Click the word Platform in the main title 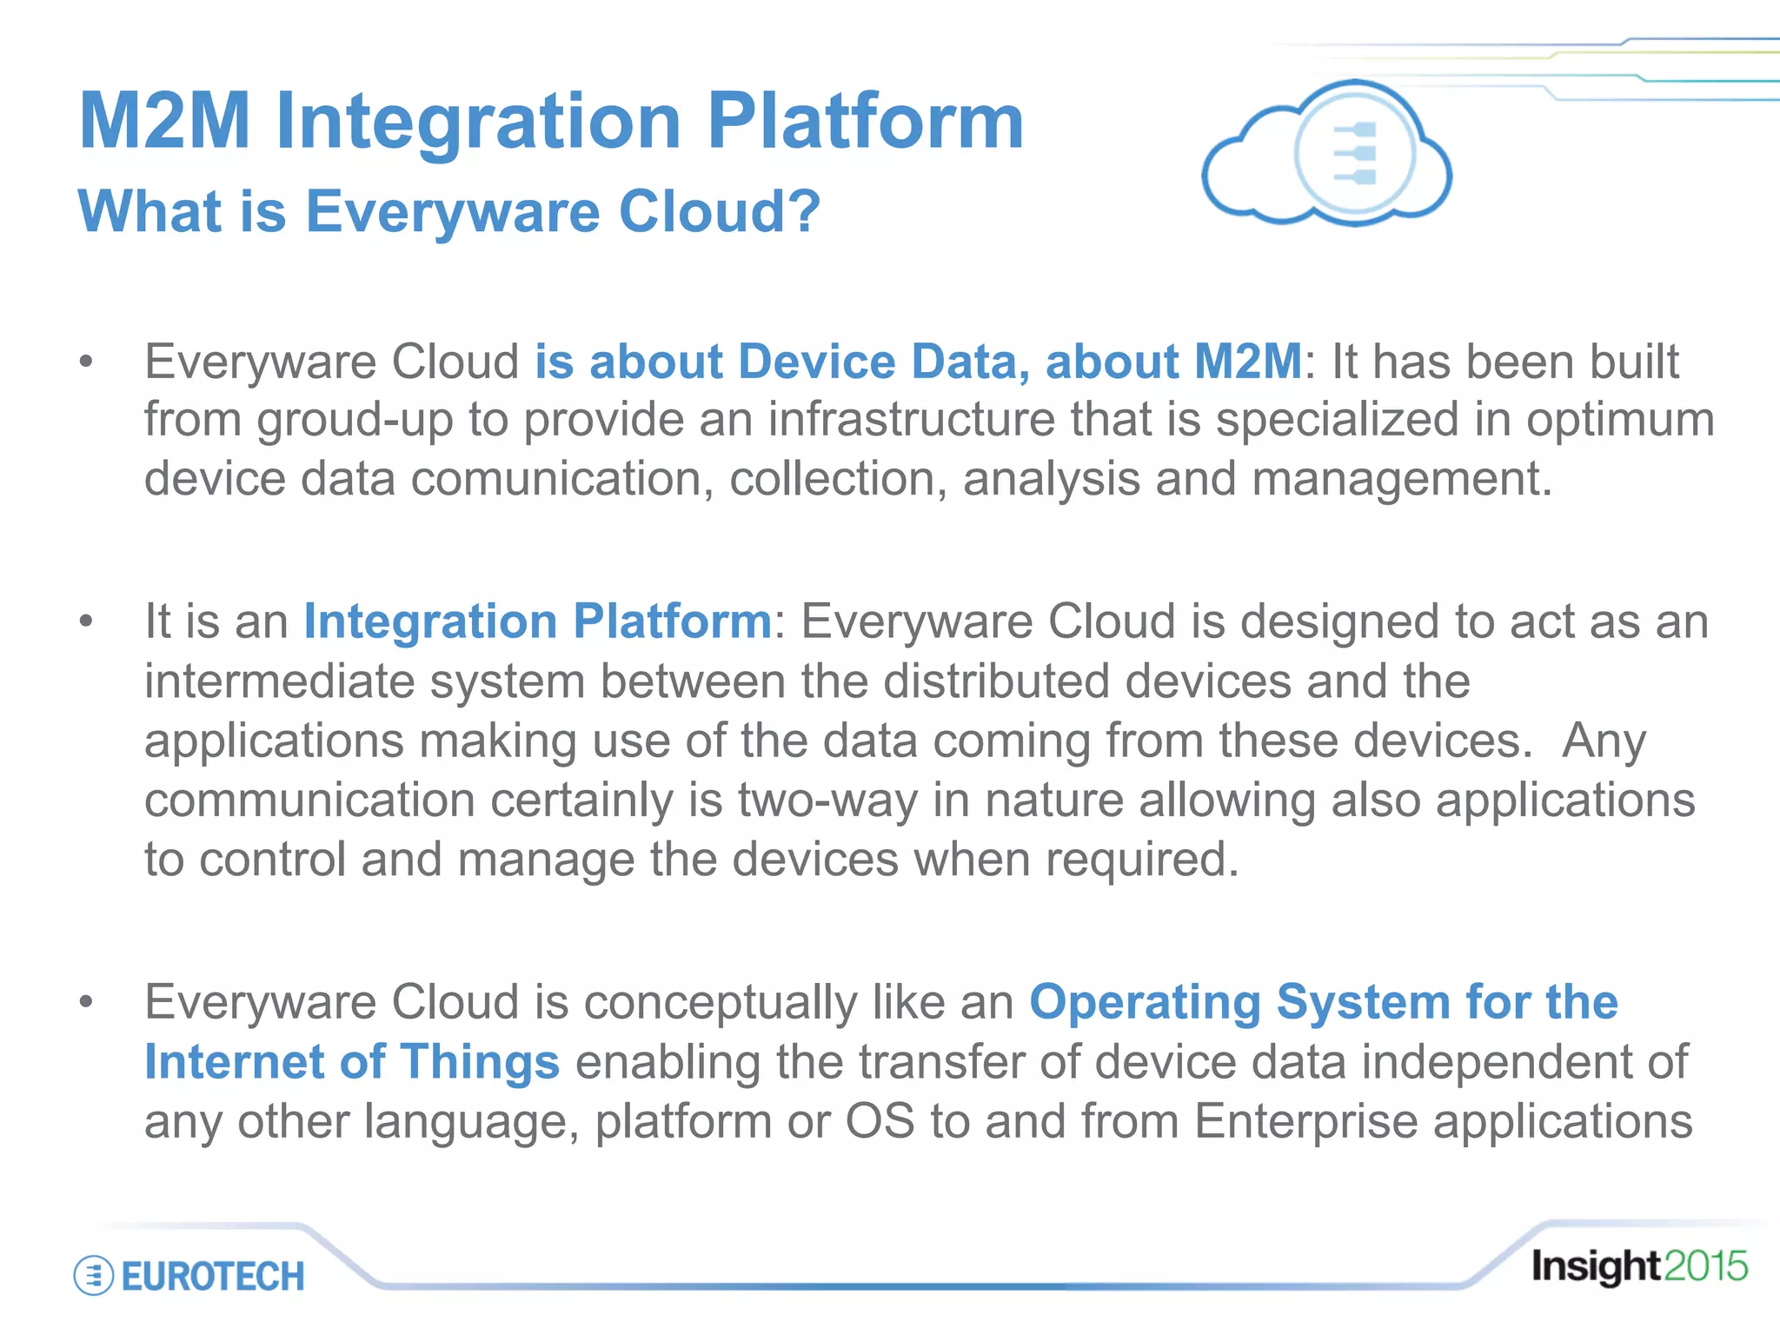click(865, 122)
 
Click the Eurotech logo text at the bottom click(213, 1276)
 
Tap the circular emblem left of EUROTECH click(93, 1276)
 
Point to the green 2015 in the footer click(1705, 1266)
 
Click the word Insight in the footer click(1596, 1266)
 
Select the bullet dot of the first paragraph click(85, 362)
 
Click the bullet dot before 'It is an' click(85, 621)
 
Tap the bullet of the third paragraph click(85, 1002)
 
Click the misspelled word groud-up click(355, 421)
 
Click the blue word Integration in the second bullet click(430, 621)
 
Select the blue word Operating click(1145, 1002)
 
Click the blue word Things click(479, 1062)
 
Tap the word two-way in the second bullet click(827, 800)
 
